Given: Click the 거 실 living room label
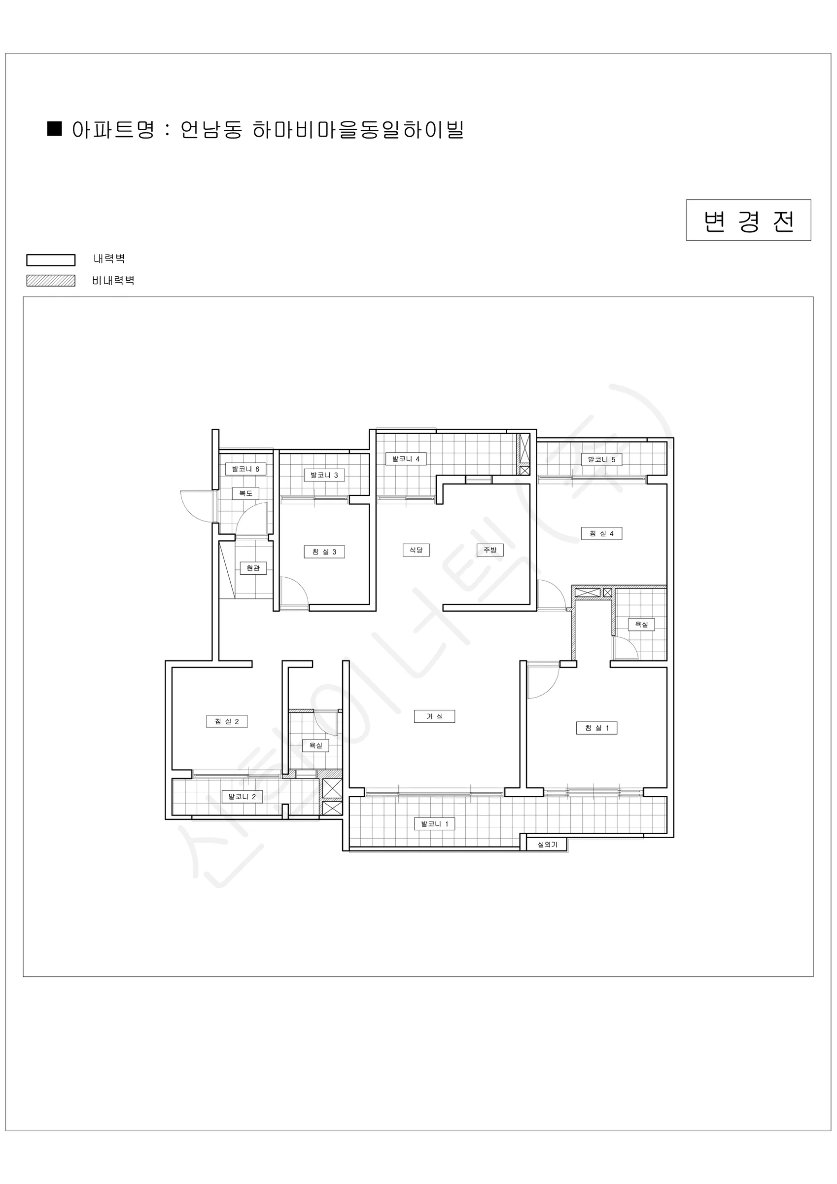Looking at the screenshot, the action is tap(434, 716).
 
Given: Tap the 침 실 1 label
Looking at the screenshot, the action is tap(596, 728).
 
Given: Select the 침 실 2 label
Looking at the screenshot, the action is tap(227, 721).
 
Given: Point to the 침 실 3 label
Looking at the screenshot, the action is tap(324, 552).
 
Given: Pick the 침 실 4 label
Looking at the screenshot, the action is tap(601, 534).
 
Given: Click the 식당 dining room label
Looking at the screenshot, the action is tap(416, 550).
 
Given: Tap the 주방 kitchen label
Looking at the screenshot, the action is tap(489, 550).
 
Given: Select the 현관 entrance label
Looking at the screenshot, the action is tap(253, 568).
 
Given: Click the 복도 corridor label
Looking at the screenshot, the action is tap(245, 493).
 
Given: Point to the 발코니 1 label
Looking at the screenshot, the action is tap(434, 824).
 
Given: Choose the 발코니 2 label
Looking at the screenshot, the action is tap(242, 797).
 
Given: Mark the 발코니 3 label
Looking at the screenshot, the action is tap(324, 475).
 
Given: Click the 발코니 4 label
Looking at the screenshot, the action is tap(406, 459).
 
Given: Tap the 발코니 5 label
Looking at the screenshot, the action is tap(601, 459).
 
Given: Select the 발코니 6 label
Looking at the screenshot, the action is tap(245, 469).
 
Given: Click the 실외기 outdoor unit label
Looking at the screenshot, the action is tap(547, 845).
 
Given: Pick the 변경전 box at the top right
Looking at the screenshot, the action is tap(748, 220).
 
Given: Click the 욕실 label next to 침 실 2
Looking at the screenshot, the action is tap(315, 745).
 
